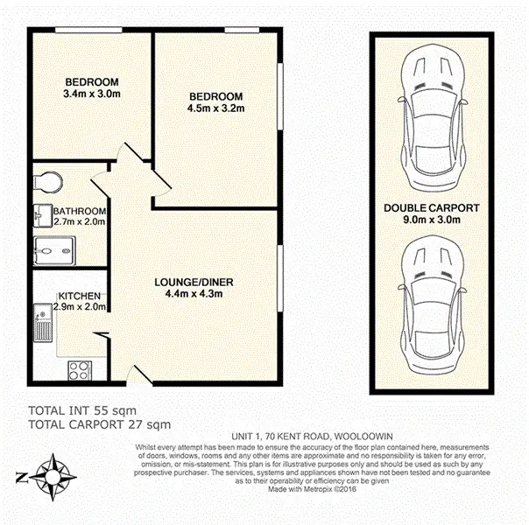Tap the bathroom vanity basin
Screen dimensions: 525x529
[42, 213]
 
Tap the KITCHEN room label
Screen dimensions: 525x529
[80, 296]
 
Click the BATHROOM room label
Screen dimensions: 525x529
[80, 212]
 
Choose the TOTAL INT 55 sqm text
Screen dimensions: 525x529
[82, 410]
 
